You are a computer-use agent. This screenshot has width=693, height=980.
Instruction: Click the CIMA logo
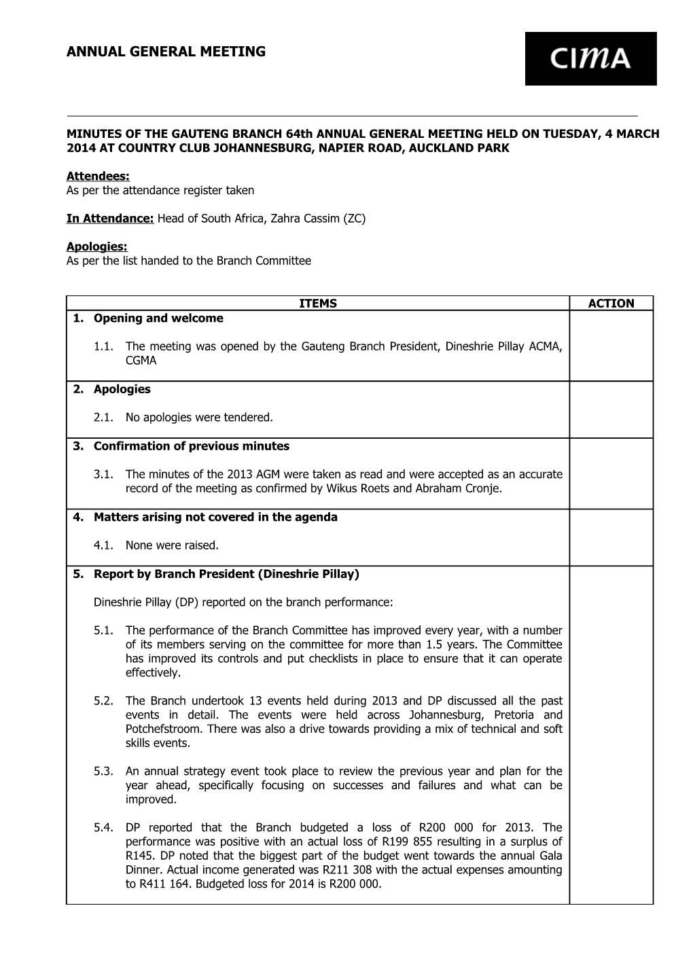pyautogui.click(x=590, y=59)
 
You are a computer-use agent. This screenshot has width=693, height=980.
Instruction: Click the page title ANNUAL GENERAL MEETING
pyautogui.click(x=166, y=52)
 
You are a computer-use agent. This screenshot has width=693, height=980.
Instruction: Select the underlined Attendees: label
pyautogui.click(x=98, y=177)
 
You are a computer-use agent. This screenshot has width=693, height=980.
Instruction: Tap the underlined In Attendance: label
pyautogui.click(x=111, y=219)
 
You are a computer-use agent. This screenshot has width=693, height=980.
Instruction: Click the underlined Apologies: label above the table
pyautogui.click(x=96, y=247)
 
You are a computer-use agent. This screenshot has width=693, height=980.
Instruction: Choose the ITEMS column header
pyautogui.click(x=318, y=304)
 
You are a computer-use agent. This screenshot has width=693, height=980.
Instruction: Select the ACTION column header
pyautogui.click(x=611, y=304)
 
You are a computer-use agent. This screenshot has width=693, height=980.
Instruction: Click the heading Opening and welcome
pyautogui.click(x=158, y=318)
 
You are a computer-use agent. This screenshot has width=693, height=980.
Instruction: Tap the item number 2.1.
pyautogui.click(x=103, y=418)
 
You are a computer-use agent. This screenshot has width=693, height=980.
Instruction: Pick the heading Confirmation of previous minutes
pyautogui.click(x=191, y=446)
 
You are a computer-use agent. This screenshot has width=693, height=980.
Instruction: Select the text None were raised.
pyautogui.click(x=172, y=545)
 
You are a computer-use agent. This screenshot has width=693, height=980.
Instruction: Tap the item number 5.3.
pyautogui.click(x=103, y=772)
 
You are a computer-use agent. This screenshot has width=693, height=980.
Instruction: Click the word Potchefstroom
pyautogui.click(x=164, y=729)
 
